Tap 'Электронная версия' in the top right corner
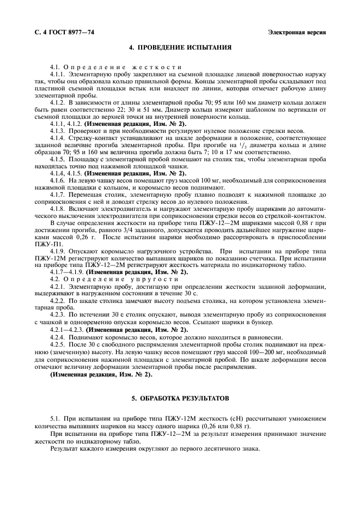point(297,32)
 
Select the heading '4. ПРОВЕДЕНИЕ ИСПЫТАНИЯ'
point(180,47)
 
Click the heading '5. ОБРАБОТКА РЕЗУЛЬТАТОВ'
point(180,399)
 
